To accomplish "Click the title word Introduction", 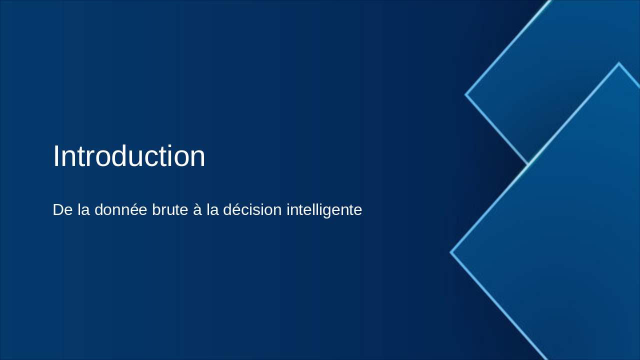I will [x=129, y=156].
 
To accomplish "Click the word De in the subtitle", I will [x=62, y=210].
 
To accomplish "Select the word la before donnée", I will [x=83, y=210].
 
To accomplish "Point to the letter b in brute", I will [x=156, y=210].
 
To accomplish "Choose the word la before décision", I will [x=212, y=210].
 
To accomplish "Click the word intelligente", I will [x=324, y=210].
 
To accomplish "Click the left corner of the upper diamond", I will [x=466, y=94].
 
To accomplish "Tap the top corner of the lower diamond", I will [x=619, y=63].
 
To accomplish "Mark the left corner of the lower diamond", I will [x=451, y=252].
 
